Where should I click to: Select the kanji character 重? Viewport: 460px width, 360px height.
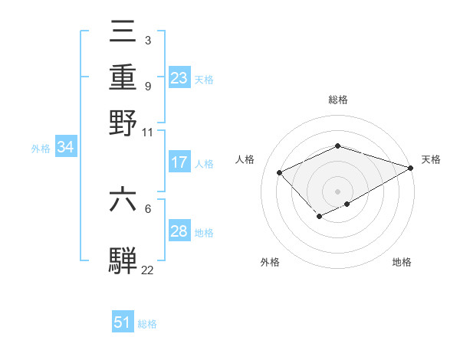pos(123,78)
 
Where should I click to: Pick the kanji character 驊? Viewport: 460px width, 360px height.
pos(123,260)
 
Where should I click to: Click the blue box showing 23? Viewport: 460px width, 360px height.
pos(179,77)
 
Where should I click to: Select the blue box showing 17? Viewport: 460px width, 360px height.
pos(179,162)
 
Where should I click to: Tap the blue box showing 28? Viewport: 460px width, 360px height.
pos(179,231)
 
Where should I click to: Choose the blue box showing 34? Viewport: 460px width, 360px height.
pos(65,148)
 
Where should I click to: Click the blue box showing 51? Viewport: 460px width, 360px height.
pos(123,322)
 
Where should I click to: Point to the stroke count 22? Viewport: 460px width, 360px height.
pos(148,269)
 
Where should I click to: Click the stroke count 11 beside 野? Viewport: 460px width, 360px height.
pos(148,132)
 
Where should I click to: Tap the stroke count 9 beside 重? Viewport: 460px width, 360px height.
pos(147,86)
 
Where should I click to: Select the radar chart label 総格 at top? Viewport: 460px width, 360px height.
pos(338,100)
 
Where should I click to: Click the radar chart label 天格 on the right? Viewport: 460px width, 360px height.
pos(432,159)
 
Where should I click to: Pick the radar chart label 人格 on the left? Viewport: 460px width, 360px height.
pos(245,159)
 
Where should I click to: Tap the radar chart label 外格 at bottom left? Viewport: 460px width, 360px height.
pos(270,262)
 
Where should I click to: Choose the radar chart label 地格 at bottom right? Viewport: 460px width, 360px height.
pos(402,262)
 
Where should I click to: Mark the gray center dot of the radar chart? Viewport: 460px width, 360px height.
pos(338,191)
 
